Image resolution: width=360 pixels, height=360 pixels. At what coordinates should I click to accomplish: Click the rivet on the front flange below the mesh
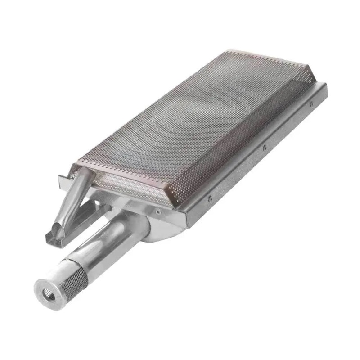coord(159,210)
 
